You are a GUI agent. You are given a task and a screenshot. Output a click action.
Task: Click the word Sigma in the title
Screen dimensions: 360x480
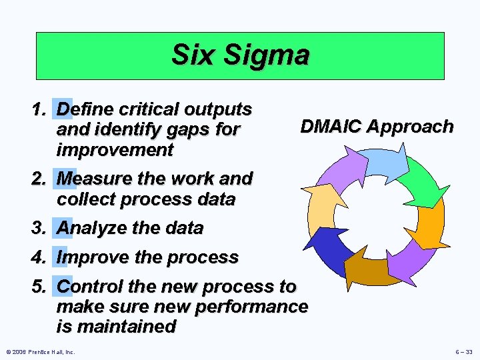click(x=266, y=55)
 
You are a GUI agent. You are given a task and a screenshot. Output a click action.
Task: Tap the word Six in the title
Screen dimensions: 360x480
click(x=193, y=55)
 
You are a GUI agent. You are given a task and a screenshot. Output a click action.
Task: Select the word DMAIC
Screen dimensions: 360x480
click(x=332, y=127)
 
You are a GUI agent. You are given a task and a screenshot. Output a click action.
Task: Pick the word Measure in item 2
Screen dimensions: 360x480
click(x=93, y=179)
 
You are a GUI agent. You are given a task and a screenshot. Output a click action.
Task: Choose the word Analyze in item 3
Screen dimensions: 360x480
click(x=92, y=228)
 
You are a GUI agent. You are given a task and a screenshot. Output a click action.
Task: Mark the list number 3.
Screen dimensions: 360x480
click(x=39, y=228)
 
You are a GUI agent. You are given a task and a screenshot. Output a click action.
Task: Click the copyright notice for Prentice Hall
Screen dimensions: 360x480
click(x=40, y=351)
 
